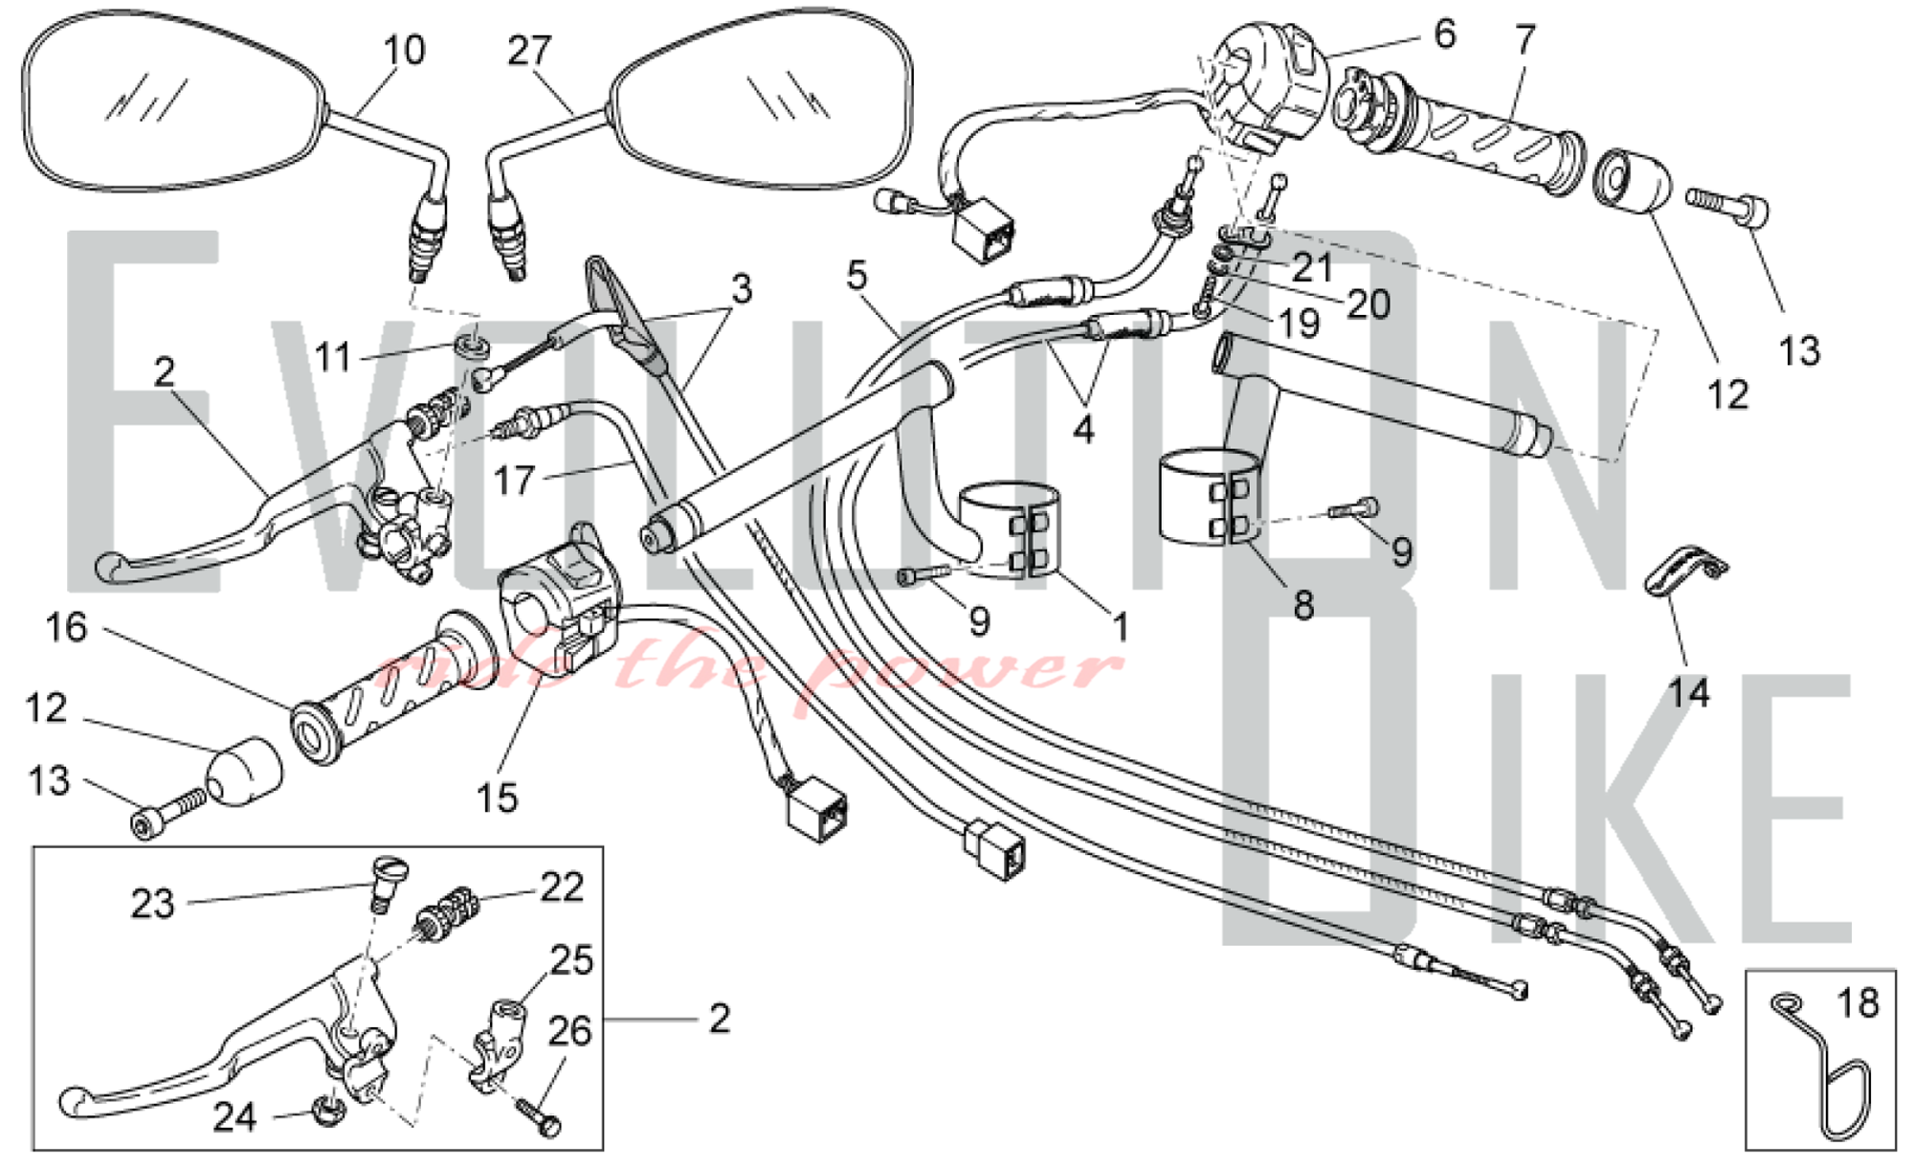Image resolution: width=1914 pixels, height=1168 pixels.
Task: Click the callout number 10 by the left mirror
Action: pos(404,50)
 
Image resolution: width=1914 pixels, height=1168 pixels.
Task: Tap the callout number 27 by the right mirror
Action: pos(529,50)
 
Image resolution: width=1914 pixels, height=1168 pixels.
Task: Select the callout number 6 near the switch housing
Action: pos(1444,34)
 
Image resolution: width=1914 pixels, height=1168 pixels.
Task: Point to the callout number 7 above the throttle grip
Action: pos(1525,40)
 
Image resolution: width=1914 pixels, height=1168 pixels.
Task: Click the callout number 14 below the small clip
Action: pos(1688,691)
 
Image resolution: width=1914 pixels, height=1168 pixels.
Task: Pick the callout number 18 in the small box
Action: pos(1858,1003)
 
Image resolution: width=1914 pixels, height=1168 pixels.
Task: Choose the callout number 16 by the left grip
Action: pos(66,628)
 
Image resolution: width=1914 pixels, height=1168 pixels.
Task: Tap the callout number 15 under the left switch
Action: pos(497,797)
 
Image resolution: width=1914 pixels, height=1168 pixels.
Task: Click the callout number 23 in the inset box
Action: pos(152,904)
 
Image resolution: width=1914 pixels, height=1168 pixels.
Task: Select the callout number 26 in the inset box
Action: pos(569,1032)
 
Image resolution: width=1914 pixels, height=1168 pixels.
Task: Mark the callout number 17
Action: pos(513,480)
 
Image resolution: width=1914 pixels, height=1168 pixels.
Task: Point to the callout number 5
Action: pos(857,276)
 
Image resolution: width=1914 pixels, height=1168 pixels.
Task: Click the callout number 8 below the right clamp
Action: pos(1303,605)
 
